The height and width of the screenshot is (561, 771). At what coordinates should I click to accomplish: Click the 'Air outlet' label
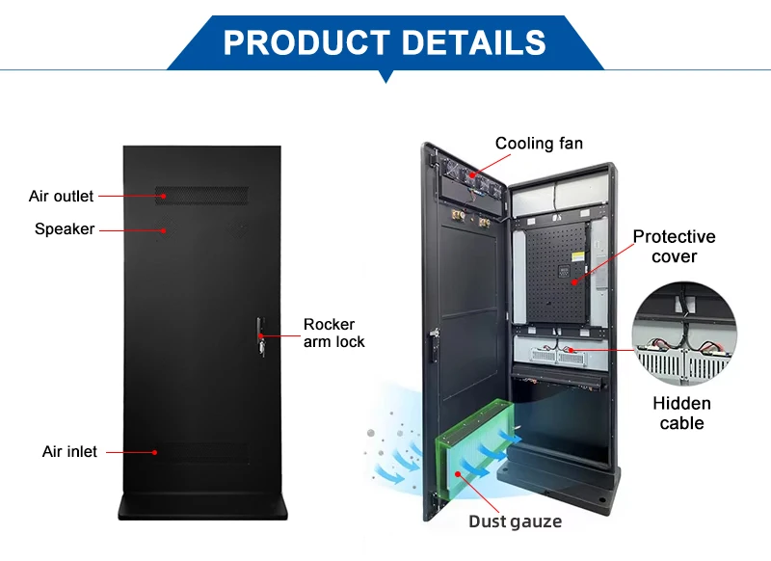[x=61, y=197]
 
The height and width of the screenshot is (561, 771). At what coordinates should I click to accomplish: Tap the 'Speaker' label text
[x=65, y=229]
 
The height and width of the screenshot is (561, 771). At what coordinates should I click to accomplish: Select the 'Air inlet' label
[x=69, y=451]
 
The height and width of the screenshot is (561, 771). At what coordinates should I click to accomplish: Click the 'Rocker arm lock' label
[x=333, y=333]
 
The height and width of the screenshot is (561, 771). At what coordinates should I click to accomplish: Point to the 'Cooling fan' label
[x=539, y=143]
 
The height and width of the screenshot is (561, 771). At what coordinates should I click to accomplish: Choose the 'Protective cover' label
[x=674, y=247]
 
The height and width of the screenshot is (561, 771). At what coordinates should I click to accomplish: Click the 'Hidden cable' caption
[x=682, y=413]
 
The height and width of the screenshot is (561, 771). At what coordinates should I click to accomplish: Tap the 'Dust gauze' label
[x=515, y=521]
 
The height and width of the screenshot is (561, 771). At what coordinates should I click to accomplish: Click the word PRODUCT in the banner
[x=307, y=42]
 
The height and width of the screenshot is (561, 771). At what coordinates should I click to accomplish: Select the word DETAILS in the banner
[x=474, y=42]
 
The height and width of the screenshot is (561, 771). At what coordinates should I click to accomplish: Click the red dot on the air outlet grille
[x=164, y=197]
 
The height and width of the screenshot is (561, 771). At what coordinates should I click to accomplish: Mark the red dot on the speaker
[x=164, y=230]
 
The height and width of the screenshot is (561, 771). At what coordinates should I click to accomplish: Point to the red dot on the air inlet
[x=154, y=452]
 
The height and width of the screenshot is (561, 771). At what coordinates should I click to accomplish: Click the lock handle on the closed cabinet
[x=260, y=336]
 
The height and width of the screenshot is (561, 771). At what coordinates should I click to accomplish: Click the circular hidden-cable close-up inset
[x=684, y=334]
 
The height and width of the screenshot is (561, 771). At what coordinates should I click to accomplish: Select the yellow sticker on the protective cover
[x=578, y=256]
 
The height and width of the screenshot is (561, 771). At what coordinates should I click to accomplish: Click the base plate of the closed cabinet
[x=202, y=507]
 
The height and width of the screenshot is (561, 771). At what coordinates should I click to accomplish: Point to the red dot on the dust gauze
[x=458, y=474]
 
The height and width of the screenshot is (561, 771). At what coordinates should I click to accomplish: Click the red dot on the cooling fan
[x=472, y=175]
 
